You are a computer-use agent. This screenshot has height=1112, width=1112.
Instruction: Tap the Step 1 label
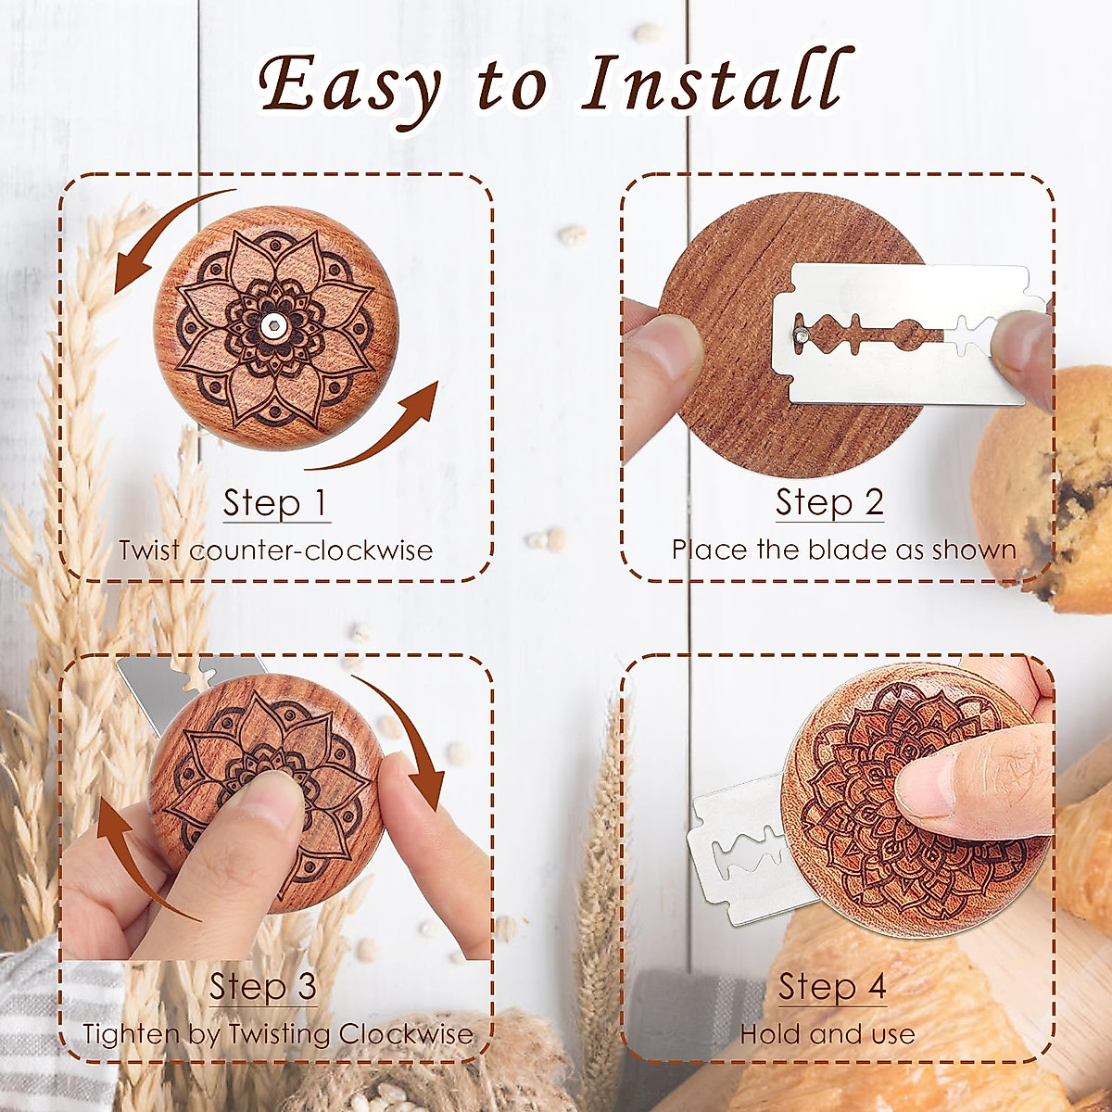[x=275, y=503]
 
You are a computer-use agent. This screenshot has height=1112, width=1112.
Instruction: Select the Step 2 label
[x=829, y=502]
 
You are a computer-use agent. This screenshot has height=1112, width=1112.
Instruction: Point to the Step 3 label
[x=263, y=987]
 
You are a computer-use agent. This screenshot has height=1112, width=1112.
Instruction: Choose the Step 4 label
[x=832, y=987]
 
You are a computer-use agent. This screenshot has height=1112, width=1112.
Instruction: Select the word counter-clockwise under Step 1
[x=311, y=550]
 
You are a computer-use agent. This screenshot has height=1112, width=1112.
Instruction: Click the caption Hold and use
[x=827, y=1034]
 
